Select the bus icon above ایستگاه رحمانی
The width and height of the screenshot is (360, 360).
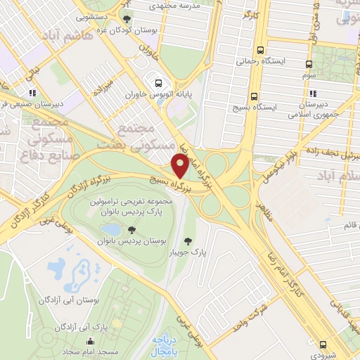tap(261, 50)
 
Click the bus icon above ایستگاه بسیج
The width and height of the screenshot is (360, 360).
tap(255, 96)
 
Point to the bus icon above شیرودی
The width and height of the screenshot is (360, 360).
tap(323, 345)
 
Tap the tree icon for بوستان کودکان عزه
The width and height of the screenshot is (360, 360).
tap(127, 19)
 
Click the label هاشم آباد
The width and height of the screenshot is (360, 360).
tap(67, 35)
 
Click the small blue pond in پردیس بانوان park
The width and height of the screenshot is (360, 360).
tap(110, 229)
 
